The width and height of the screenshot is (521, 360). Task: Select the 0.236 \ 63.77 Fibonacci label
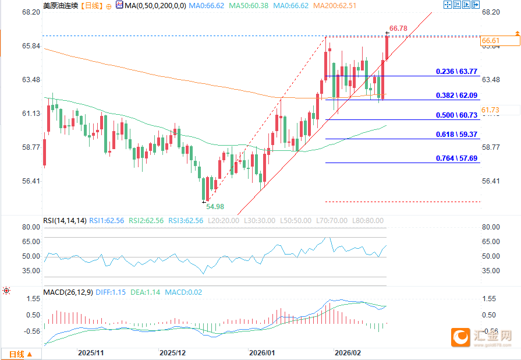[x=456, y=72]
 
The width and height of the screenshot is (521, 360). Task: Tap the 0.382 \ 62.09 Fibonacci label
[x=456, y=95]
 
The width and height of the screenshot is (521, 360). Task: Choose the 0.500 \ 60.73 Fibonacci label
[x=456, y=115]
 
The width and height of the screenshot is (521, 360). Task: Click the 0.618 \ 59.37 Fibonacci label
[x=456, y=134]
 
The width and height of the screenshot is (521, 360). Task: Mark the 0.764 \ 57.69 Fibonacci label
[x=456, y=158]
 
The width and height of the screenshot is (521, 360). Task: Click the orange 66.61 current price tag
[x=491, y=41]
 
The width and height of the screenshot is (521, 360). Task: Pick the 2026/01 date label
[x=261, y=353]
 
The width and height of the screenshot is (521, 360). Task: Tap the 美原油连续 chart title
[x=59, y=5]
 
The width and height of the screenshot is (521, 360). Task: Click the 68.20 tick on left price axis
[x=29, y=12]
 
